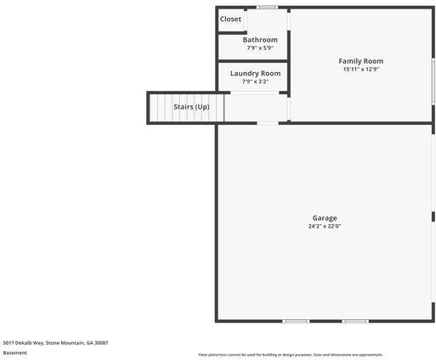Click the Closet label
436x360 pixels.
(230, 19)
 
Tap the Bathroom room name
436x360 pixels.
(260, 40)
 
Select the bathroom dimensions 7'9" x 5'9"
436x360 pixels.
(260, 48)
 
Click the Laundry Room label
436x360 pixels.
(255, 74)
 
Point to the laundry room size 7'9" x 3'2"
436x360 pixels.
(255, 82)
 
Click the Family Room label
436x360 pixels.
(361, 61)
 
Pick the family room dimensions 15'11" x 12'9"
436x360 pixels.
(361, 70)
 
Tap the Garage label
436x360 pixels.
(325, 218)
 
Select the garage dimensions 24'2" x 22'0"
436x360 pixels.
(325, 227)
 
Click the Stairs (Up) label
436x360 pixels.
(191, 107)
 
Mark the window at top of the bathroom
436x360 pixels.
(268, 8)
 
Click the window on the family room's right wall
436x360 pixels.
(433, 81)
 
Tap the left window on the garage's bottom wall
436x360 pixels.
(296, 321)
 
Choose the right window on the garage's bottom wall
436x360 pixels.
(354, 321)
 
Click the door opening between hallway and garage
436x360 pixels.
(268, 123)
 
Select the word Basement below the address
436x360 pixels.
(14, 352)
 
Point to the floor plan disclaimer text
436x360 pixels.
(291, 355)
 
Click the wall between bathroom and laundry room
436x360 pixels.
(252, 61)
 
